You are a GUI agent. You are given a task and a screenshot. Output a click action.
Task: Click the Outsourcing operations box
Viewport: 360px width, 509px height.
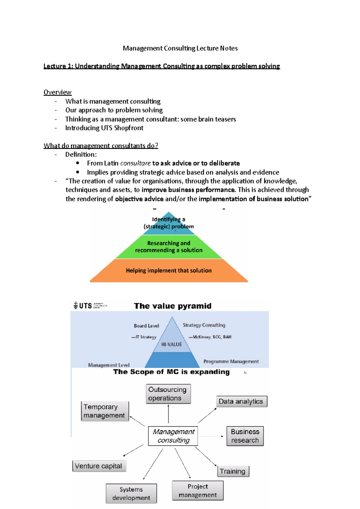pyautogui.click(x=168, y=394)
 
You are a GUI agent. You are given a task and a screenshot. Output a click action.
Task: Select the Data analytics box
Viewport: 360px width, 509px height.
pyautogui.click(x=241, y=401)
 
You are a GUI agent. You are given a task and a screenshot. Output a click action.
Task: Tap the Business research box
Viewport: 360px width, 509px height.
pyautogui.click(x=245, y=436)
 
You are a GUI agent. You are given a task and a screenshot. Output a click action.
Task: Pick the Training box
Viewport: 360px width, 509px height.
pyautogui.click(x=233, y=471)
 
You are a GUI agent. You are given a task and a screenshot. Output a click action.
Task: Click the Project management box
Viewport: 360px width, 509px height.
pyautogui.click(x=198, y=490)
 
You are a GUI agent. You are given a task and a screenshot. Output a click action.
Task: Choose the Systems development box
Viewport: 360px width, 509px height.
pyautogui.click(x=131, y=493)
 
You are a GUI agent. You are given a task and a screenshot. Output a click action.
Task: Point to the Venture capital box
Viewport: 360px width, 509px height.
pyautogui.click(x=99, y=466)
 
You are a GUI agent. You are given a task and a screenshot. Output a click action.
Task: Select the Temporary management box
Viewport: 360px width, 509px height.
pyautogui.click(x=105, y=411)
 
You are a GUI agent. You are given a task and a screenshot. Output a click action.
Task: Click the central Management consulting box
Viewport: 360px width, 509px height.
pyautogui.click(x=173, y=436)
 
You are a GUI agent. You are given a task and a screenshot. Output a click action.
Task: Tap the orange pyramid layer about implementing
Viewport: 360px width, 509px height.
pyautogui.click(x=169, y=270)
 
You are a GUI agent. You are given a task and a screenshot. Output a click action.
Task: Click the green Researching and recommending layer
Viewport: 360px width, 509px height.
pyautogui.click(x=169, y=247)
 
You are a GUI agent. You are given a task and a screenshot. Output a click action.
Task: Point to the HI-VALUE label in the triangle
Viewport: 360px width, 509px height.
pyautogui.click(x=172, y=344)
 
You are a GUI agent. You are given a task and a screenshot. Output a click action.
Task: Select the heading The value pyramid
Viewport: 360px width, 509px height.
pyautogui.click(x=172, y=306)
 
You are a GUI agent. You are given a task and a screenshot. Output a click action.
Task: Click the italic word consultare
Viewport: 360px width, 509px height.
pyautogui.click(x=135, y=163)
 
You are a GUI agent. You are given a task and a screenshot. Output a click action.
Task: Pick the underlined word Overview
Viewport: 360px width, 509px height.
pyautogui.click(x=58, y=92)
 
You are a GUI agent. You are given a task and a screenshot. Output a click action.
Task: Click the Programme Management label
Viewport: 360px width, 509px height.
pyautogui.click(x=231, y=362)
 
